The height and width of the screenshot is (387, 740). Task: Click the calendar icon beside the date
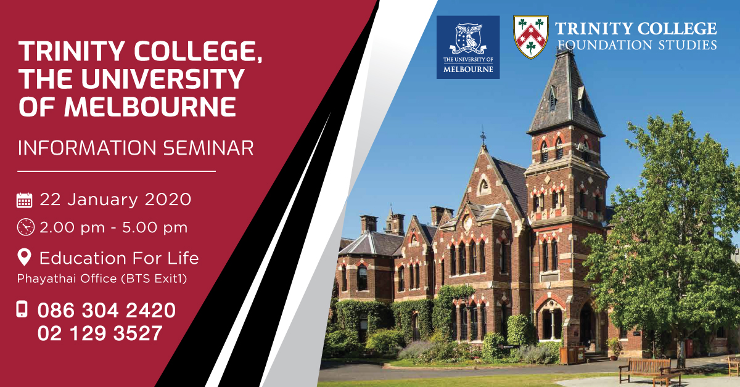[25, 200]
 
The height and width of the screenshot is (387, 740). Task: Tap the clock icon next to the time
[25, 227]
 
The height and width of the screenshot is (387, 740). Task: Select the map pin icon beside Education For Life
[24, 257]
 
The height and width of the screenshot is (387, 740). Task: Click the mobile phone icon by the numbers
[22, 309]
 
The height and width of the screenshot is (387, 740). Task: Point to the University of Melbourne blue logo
[468, 47]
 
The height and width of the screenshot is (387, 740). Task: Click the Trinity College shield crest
[530, 37]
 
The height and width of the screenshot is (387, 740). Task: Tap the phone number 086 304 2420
[106, 311]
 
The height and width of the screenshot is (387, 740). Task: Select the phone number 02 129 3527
[100, 333]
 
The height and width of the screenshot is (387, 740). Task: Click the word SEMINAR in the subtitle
[208, 148]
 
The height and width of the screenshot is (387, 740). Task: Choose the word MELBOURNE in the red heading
[150, 107]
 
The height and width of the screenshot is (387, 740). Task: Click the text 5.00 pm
[155, 227]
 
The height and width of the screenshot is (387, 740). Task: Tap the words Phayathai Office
[67, 279]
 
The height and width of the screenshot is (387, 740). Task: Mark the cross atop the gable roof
[483, 137]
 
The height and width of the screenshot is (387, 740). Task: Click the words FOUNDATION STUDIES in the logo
[637, 44]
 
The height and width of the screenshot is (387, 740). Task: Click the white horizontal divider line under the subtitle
[117, 171]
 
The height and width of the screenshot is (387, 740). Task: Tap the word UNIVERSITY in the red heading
[163, 79]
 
